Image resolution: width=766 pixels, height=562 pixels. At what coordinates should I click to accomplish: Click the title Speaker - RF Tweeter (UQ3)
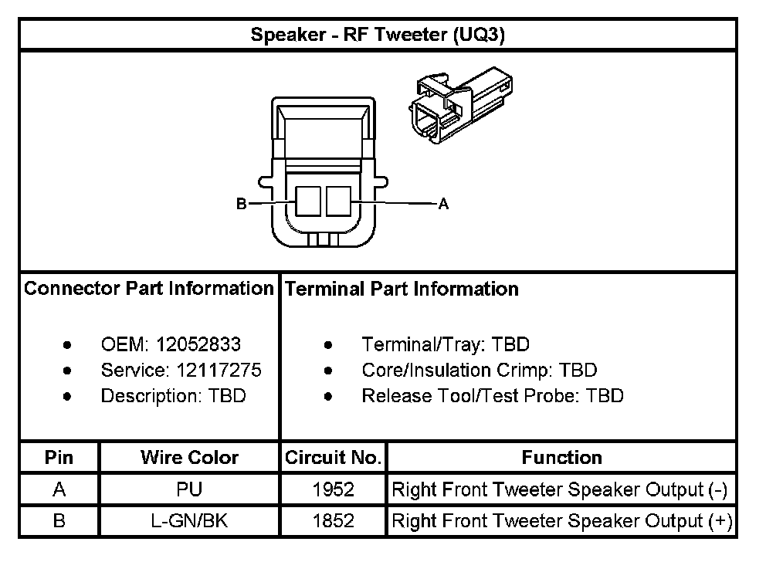378,36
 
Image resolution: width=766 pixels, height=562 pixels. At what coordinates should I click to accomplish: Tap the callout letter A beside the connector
443,204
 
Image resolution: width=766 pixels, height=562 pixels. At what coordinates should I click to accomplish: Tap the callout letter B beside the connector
241,205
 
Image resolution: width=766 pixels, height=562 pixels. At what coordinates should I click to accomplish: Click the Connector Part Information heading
149,289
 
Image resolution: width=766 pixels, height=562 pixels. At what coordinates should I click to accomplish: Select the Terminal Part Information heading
402,289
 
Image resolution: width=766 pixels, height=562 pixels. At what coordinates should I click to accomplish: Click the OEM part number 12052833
198,344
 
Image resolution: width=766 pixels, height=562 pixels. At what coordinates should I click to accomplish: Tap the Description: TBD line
173,396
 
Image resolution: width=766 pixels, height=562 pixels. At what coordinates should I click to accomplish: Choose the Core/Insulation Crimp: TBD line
479,370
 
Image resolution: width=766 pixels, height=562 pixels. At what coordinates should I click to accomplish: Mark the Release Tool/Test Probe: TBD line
492,396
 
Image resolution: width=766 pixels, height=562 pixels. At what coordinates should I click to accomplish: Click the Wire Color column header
189,457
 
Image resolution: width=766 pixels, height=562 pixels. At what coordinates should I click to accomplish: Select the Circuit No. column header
334,457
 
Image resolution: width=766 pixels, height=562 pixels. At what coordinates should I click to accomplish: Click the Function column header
561,457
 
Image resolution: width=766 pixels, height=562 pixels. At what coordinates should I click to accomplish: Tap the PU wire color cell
189,489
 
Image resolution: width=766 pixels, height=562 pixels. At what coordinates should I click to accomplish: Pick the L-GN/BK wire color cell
189,521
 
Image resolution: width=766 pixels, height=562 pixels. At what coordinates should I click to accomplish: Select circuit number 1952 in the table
334,489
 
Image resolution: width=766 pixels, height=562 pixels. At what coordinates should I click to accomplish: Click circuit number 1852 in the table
334,521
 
